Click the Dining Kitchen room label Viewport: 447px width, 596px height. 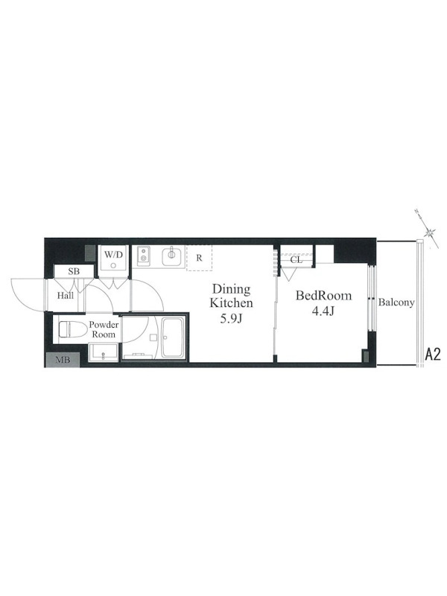click(x=232, y=296)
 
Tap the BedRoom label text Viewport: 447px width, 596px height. click(x=324, y=295)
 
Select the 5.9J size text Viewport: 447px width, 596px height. click(x=232, y=319)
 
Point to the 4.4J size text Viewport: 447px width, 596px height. click(x=323, y=311)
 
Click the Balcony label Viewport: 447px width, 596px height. click(x=396, y=302)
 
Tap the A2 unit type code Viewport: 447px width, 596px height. click(x=433, y=355)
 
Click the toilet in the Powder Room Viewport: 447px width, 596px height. click(x=71, y=329)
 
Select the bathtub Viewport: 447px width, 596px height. click(x=173, y=337)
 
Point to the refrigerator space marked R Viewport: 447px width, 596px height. click(x=199, y=258)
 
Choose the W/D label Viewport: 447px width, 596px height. click(x=114, y=254)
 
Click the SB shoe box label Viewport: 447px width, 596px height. click(x=74, y=272)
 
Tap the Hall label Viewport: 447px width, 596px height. click(x=66, y=295)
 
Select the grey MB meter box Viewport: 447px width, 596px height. click(x=63, y=360)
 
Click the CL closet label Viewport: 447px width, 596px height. click(x=296, y=260)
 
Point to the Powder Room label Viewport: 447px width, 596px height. click(x=104, y=329)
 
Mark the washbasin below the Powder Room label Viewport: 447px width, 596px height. click(x=104, y=352)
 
